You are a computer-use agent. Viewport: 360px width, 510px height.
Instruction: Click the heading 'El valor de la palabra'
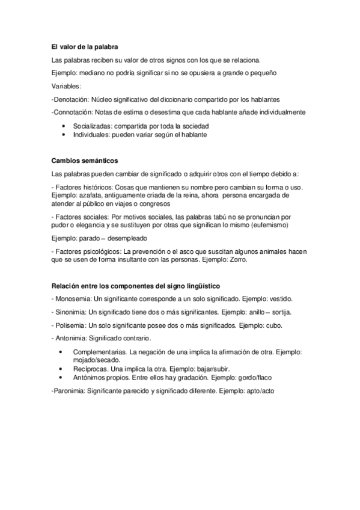pos(84,47)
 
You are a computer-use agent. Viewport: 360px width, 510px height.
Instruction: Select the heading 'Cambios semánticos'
pos(85,161)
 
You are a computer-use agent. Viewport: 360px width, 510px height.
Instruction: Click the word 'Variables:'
pos(67,86)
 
